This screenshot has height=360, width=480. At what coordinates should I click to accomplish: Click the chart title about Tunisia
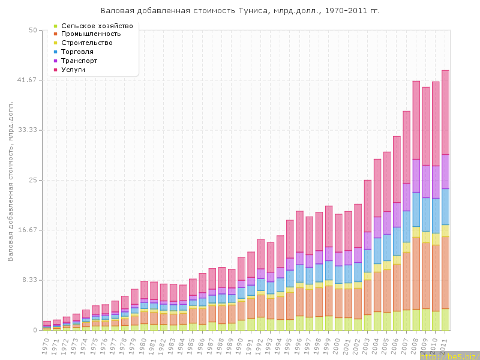coord(240,11)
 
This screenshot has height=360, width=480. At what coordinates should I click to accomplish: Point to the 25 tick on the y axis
coord(32,180)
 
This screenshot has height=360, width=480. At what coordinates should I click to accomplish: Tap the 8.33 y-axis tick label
coord(29,280)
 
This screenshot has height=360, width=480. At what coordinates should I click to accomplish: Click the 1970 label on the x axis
coord(46,345)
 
